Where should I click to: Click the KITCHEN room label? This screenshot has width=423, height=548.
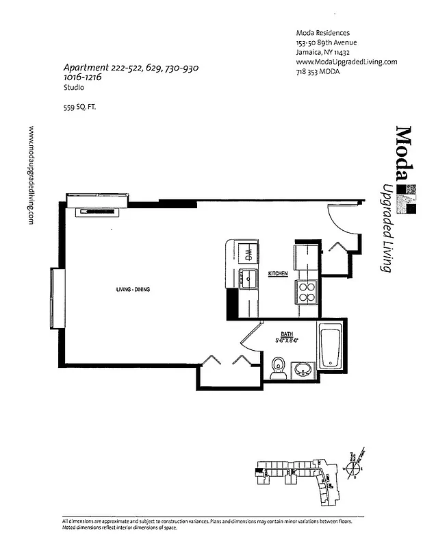277,273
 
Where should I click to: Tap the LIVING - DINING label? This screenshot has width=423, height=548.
133,290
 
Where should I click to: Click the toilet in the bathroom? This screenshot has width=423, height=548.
278,368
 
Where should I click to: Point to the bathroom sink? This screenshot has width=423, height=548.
302,370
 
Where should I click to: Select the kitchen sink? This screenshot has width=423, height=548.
247,278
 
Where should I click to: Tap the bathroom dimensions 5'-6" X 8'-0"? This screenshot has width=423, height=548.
288,340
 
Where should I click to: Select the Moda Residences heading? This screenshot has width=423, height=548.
322,33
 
